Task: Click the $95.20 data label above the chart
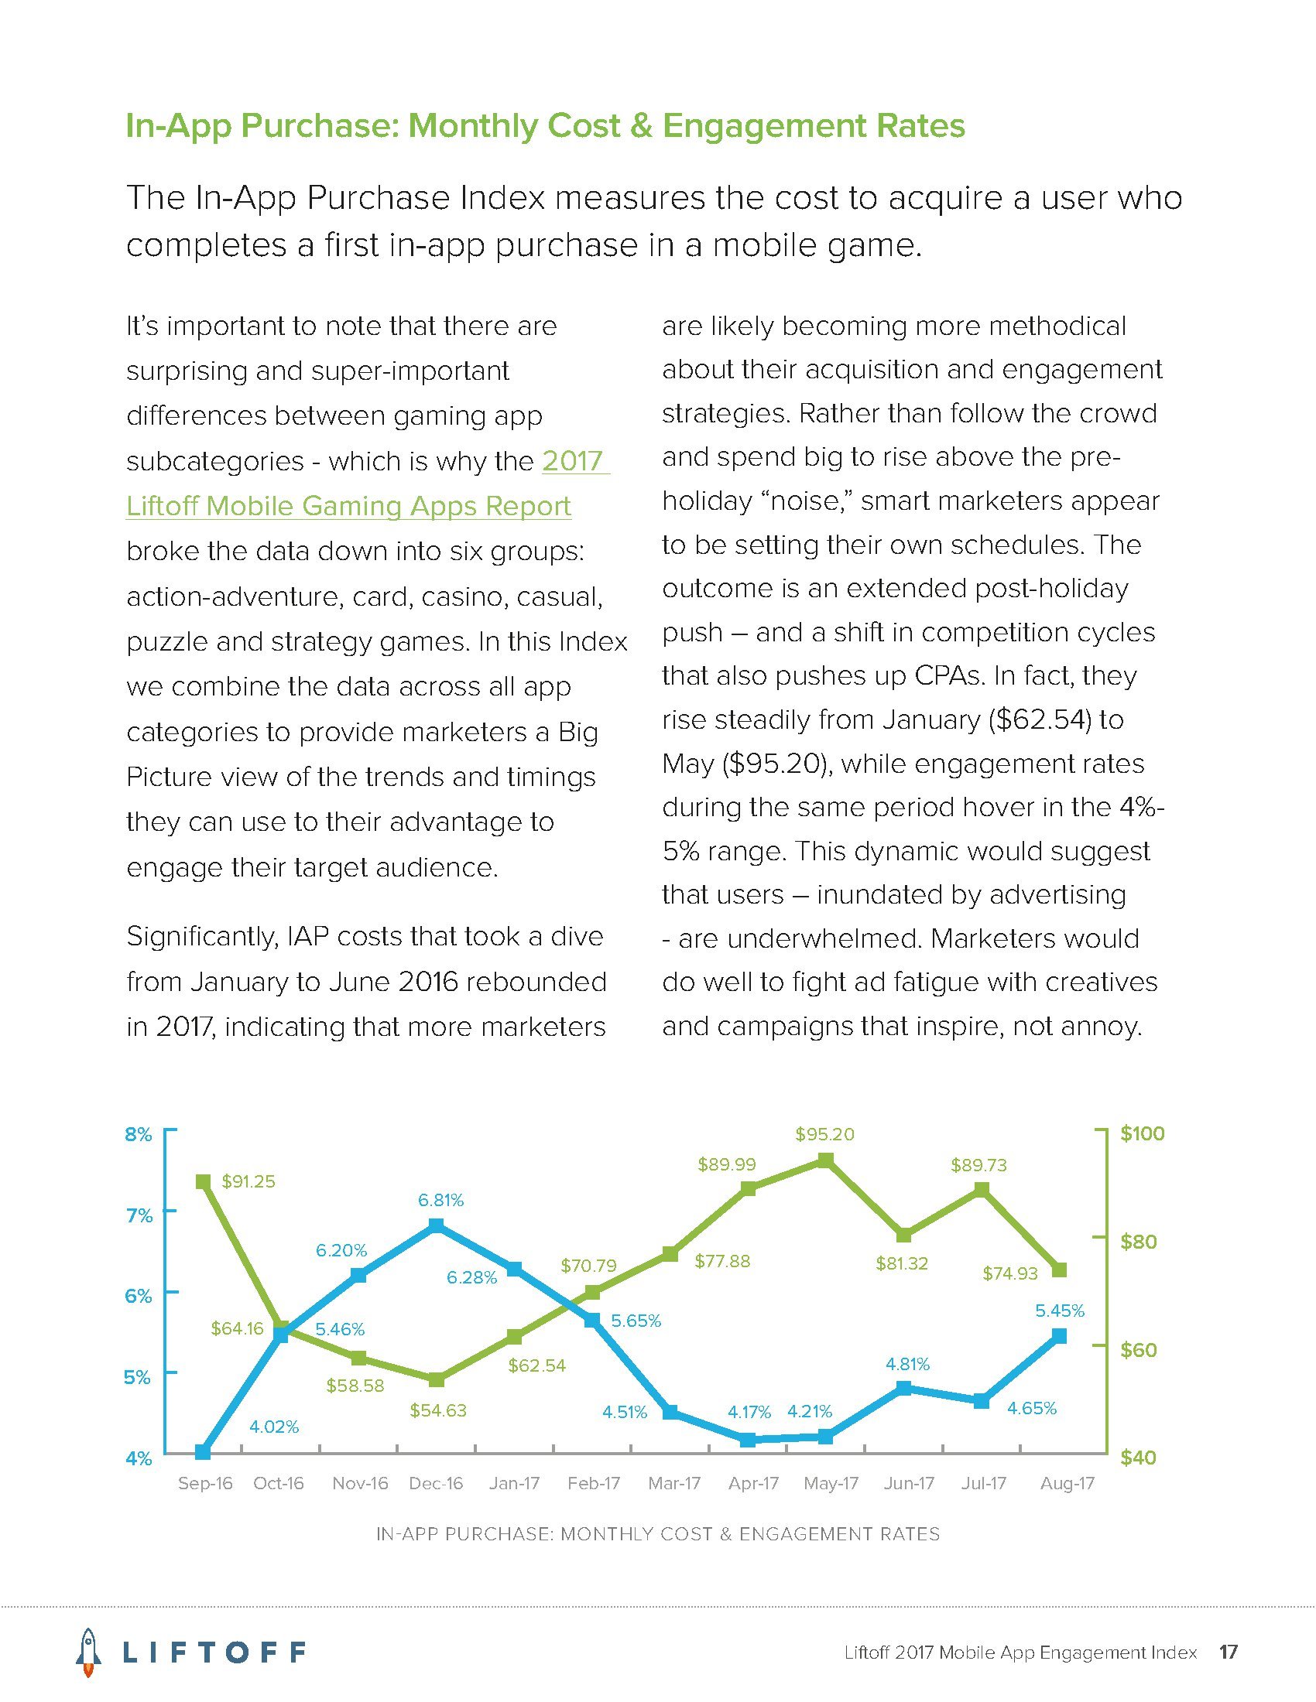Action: [x=825, y=1134]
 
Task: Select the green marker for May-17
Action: [x=826, y=1161]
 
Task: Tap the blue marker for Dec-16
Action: [x=437, y=1227]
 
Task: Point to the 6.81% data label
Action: [x=440, y=1200]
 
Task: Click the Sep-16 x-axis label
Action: [x=205, y=1483]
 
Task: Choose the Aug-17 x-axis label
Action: [x=1068, y=1483]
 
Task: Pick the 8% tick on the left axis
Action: [x=138, y=1135]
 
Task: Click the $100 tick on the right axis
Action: [x=1142, y=1134]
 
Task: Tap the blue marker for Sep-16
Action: [x=203, y=1451]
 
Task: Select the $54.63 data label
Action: [x=438, y=1410]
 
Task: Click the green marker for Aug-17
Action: [x=1060, y=1270]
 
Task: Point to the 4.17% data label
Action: [x=749, y=1411]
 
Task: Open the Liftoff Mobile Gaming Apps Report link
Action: [x=348, y=506]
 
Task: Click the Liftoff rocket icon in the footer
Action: [x=89, y=1652]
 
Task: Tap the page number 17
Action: [x=1229, y=1652]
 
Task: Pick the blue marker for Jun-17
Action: [x=904, y=1388]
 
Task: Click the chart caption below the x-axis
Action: [x=658, y=1533]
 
